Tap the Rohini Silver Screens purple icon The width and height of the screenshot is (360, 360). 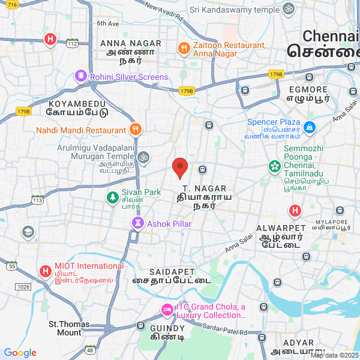point(81,76)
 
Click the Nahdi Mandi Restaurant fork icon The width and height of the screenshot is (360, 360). point(136,130)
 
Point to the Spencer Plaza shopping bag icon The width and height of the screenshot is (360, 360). point(309,127)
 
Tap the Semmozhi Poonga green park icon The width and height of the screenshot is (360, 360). point(274,165)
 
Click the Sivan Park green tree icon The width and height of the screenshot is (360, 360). point(112,197)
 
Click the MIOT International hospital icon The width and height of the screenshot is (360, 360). point(45,271)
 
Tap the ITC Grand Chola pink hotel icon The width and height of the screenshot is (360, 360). point(166,310)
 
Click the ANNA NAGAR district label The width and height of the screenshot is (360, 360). point(131,43)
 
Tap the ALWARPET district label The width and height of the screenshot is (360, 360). point(277,229)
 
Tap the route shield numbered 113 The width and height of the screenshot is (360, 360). point(38,200)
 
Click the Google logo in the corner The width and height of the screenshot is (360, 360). point(20,353)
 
